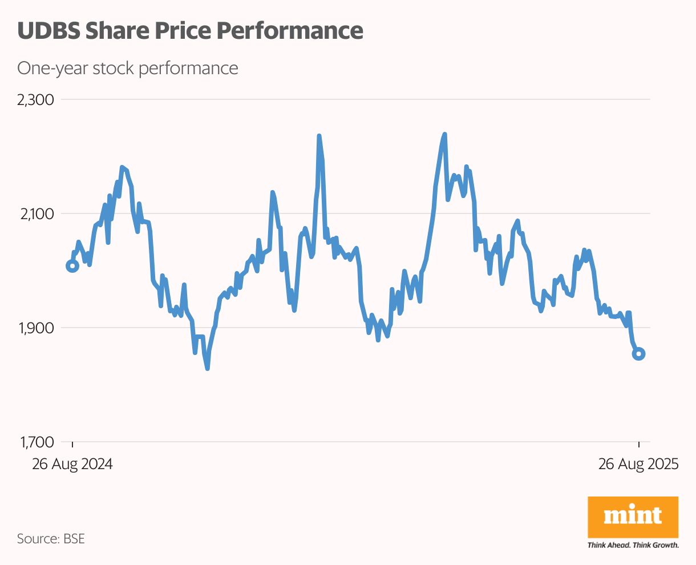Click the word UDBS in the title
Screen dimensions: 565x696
[48, 30]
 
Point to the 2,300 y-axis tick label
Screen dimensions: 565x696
[35, 100]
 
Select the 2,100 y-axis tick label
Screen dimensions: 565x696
[35, 214]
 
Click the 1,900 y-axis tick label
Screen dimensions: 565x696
[35, 328]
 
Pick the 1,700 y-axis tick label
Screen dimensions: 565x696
[35, 442]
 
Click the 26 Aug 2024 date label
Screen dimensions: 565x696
[72, 464]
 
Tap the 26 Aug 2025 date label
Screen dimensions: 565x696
[638, 464]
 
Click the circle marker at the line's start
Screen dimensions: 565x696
[72, 265]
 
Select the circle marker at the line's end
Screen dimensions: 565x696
[639, 354]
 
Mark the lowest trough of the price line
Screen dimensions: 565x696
[207, 369]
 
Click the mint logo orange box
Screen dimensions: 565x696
[633, 517]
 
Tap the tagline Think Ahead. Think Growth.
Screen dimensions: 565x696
[633, 545]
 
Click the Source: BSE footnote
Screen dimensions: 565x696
[51, 538]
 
